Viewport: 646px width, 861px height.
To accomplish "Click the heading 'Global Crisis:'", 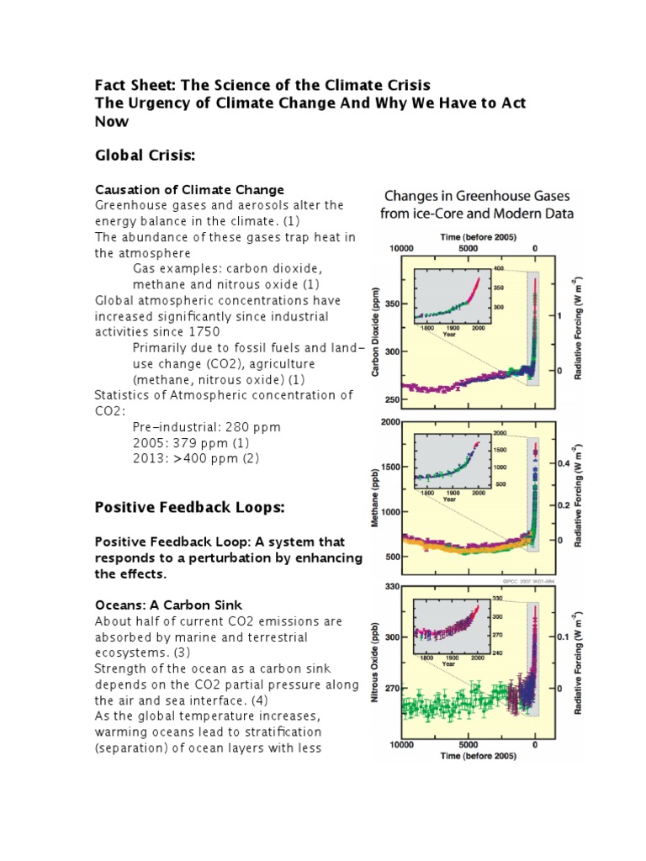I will [145, 156].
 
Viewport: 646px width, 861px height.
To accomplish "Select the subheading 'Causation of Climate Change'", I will [189, 189].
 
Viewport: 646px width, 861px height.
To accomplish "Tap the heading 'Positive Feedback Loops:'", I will [189, 508].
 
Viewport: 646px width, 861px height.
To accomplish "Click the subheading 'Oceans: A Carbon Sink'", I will [168, 605].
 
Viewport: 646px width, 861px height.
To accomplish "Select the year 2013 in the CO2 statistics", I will [149, 459].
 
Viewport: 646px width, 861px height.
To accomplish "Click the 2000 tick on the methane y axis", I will [389, 422].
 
